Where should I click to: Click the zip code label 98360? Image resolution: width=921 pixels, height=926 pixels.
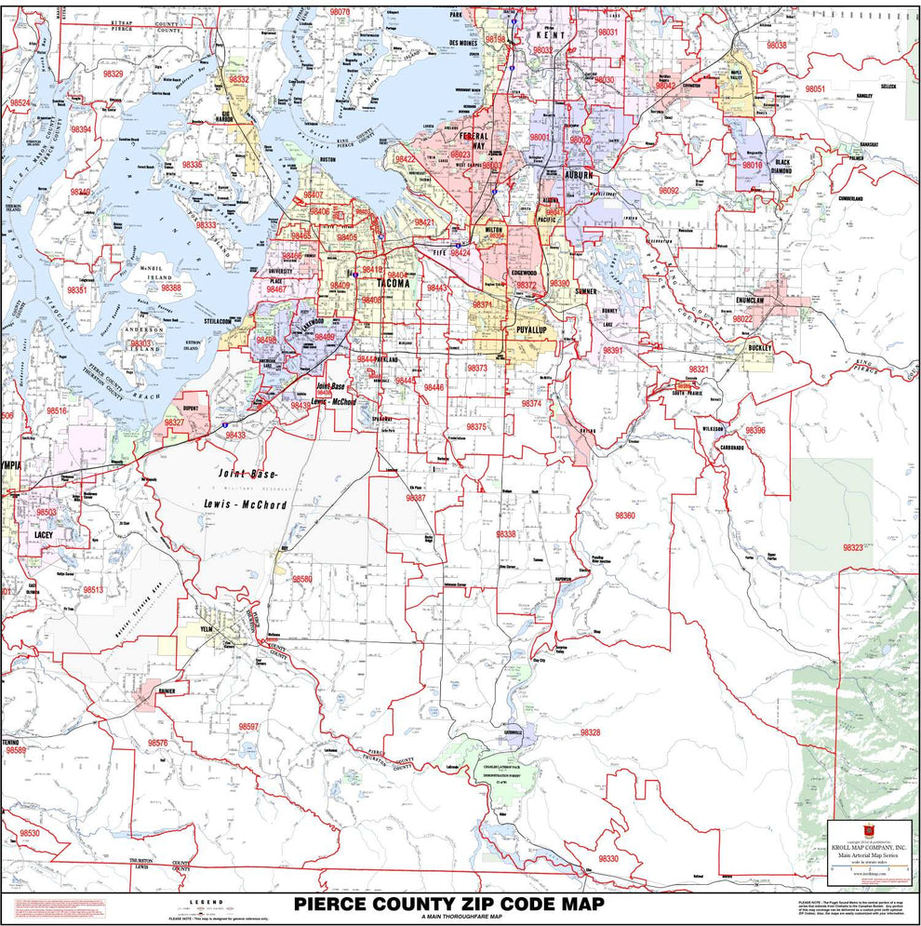click(x=624, y=516)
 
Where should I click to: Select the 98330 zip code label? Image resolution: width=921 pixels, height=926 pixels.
click(x=607, y=858)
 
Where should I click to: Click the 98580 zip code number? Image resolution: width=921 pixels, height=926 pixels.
click(x=302, y=579)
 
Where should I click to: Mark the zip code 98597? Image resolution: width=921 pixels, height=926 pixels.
click(x=248, y=726)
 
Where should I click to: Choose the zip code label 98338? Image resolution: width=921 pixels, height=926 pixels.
click(x=506, y=534)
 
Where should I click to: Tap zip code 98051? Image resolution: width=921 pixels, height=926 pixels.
click(x=815, y=88)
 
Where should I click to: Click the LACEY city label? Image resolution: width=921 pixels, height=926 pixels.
click(x=43, y=535)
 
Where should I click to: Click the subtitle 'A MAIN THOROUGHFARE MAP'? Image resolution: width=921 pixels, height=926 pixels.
click(x=449, y=918)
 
